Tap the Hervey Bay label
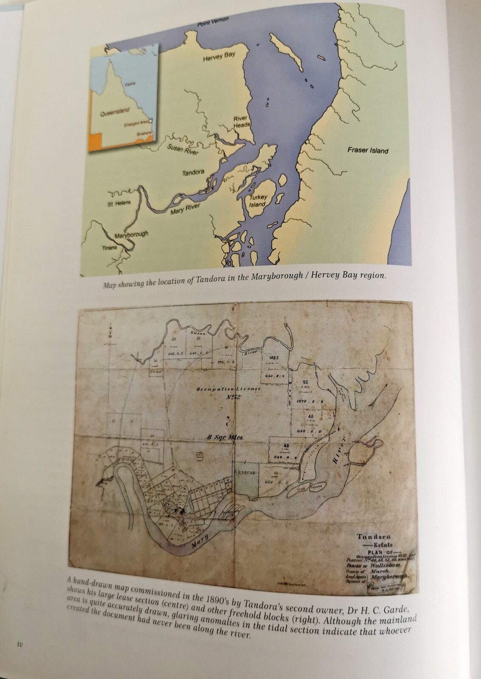(x=219, y=57)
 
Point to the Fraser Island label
(x=368, y=150)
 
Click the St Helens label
(x=120, y=203)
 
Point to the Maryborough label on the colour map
(x=132, y=235)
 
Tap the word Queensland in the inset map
(x=115, y=113)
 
